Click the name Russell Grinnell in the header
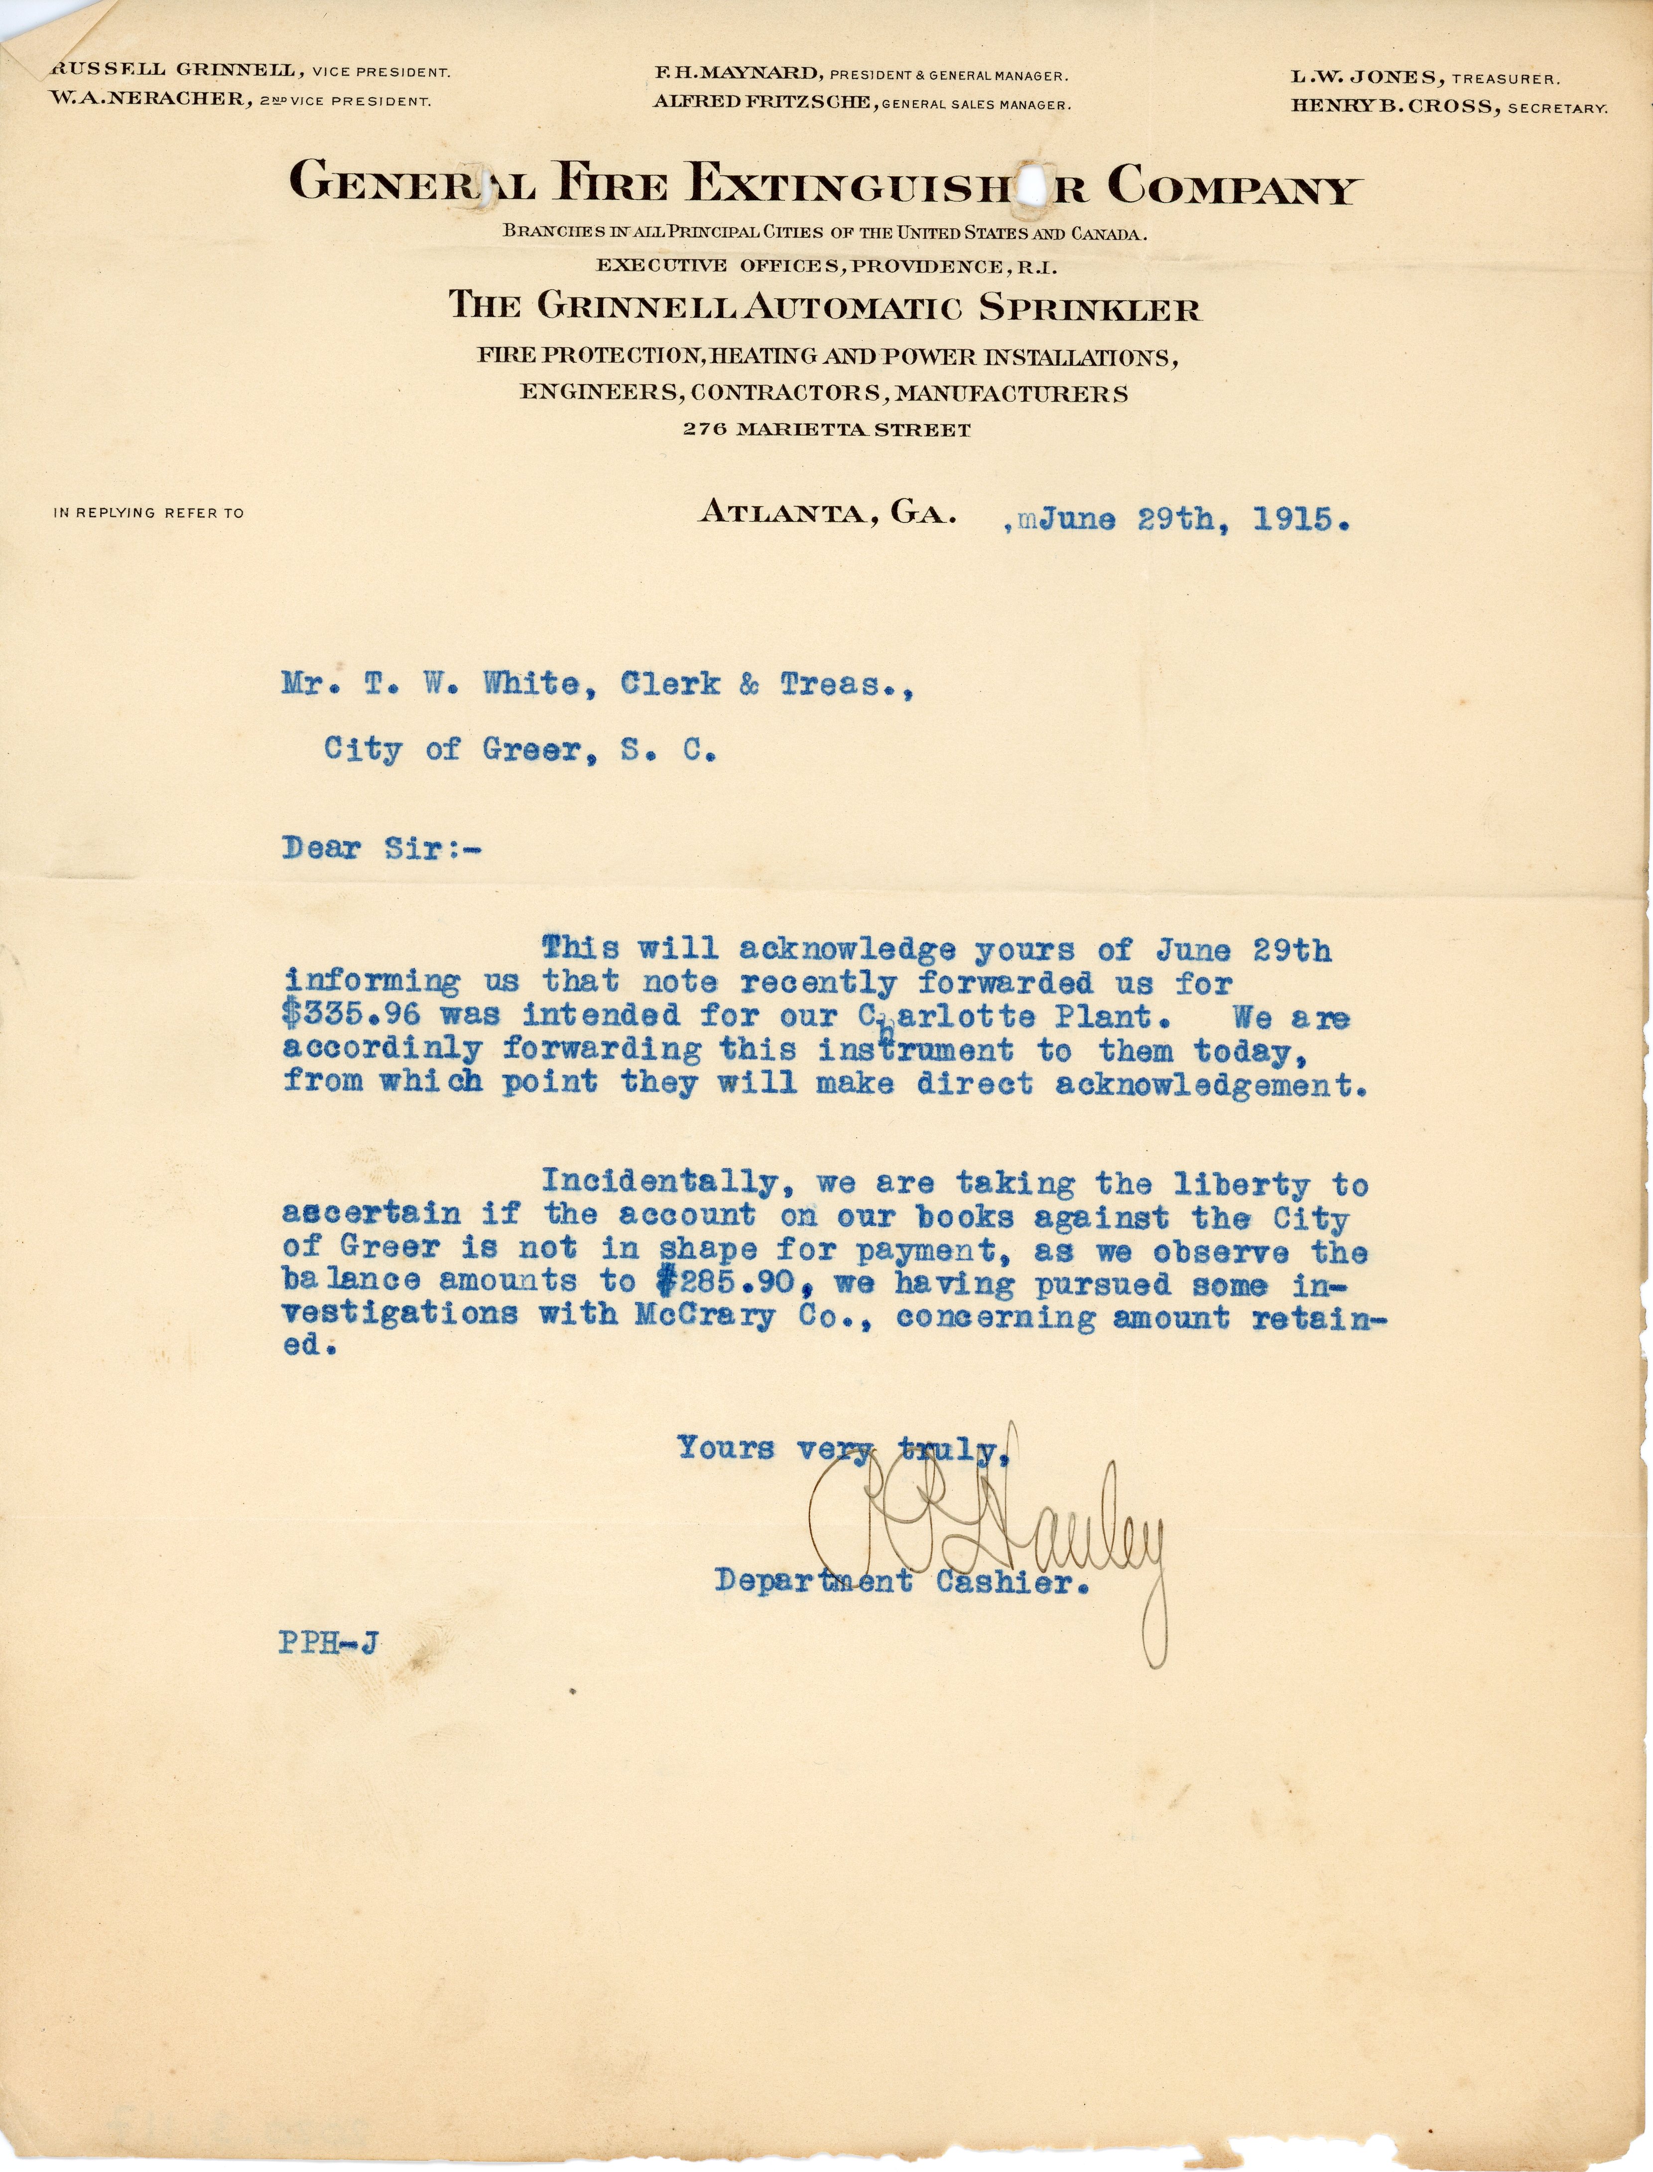point(174,71)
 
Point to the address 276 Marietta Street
point(827,430)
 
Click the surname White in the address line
point(536,685)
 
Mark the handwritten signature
point(994,1535)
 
